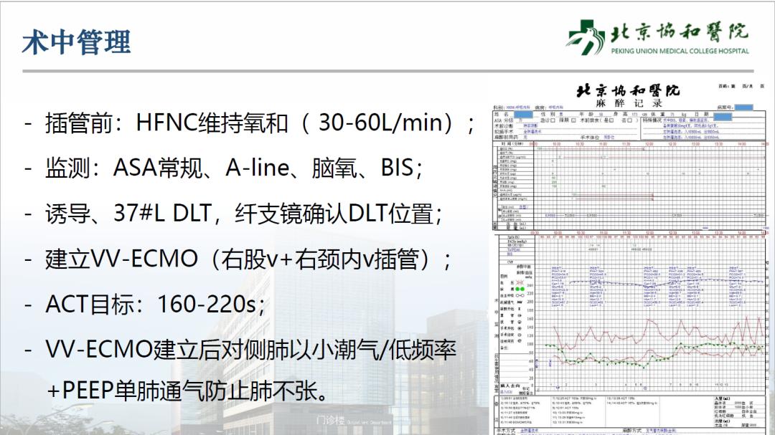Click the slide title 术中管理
(76, 42)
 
